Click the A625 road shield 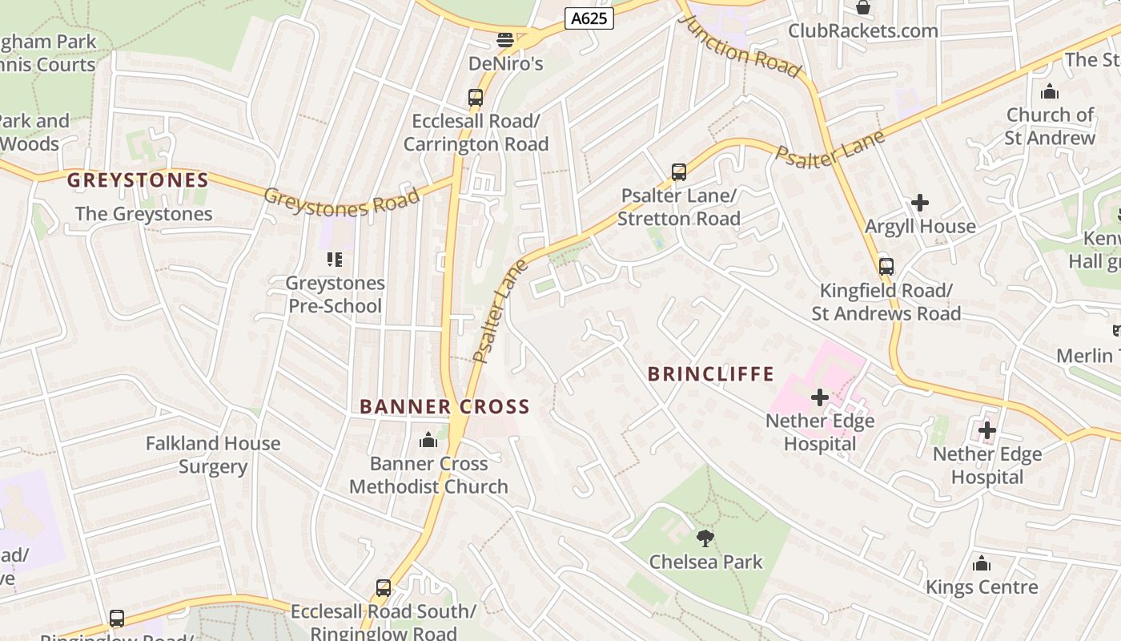tap(589, 18)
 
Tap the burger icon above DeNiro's tap(504, 39)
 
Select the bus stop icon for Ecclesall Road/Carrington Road tap(476, 98)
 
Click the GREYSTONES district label tap(138, 180)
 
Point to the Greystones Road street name tap(342, 203)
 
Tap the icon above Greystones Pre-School tap(335, 260)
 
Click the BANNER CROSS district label tap(444, 407)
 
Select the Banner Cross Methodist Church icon tap(428, 441)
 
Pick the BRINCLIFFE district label tap(711, 374)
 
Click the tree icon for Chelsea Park tap(705, 538)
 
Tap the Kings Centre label tap(982, 587)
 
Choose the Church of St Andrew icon tap(1050, 91)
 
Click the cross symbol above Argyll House tap(920, 203)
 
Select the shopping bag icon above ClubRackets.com tap(863, 8)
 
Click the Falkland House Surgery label tap(213, 455)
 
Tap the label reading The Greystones tap(144, 214)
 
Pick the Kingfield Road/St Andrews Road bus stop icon tap(886, 267)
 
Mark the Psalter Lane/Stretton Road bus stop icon tap(679, 172)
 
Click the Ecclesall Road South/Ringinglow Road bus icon tap(384, 588)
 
